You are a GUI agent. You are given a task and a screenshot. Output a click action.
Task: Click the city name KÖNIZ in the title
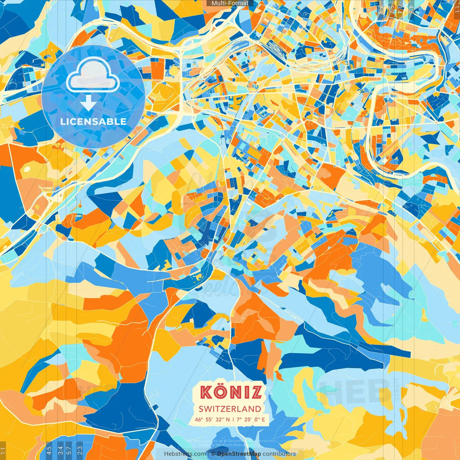pyautogui.click(x=231, y=392)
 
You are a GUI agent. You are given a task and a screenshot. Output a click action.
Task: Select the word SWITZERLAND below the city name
pyautogui.click(x=230, y=409)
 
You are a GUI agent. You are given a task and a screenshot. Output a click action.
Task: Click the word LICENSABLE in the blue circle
pyautogui.click(x=93, y=121)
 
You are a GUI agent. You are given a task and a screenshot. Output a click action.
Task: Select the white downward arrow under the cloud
pyautogui.click(x=88, y=103)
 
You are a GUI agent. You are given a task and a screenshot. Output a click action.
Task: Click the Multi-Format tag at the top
pyautogui.click(x=230, y=3)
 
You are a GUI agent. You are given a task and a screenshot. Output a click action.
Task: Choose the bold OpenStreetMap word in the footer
pyautogui.click(x=239, y=454)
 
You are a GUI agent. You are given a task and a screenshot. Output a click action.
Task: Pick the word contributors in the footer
pyautogui.click(x=279, y=454)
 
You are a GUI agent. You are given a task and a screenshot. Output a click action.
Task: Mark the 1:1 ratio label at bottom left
pyautogui.click(x=3, y=450)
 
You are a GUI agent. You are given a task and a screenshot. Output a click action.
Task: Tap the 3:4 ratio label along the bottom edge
pyautogui.click(x=60, y=450)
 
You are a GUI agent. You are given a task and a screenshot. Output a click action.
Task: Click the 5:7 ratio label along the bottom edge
pyautogui.click(x=69, y=450)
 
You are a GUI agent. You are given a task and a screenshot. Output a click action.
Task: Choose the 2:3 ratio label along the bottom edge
pyautogui.click(x=80, y=450)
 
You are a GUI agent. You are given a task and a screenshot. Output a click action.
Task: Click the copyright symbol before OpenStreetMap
pyautogui.click(x=213, y=454)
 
